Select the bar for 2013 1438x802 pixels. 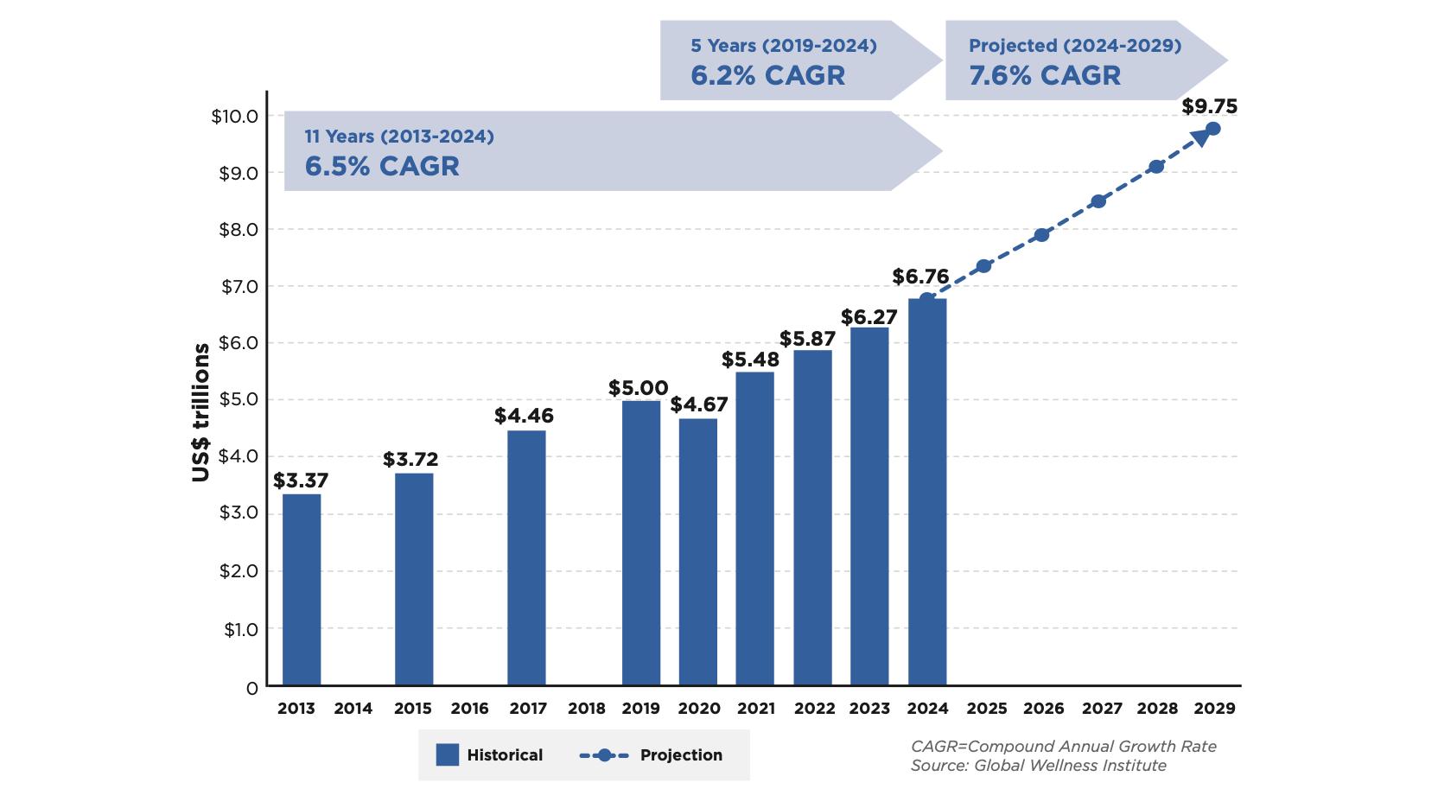click(x=302, y=589)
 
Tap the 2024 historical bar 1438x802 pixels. click(x=927, y=492)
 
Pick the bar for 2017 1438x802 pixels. click(x=526, y=557)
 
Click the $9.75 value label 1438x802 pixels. click(x=1209, y=106)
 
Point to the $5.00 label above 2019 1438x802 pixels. click(x=638, y=388)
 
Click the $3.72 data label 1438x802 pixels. click(x=410, y=459)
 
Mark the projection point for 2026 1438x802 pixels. click(x=1041, y=235)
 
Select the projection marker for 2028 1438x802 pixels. click(x=1156, y=166)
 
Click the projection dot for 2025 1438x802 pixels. click(x=983, y=266)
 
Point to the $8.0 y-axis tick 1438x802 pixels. click(x=239, y=229)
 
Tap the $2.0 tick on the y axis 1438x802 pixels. click(x=239, y=571)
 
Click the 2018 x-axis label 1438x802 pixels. click(x=586, y=709)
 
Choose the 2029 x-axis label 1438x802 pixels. click(x=1214, y=709)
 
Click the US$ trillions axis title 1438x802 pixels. click(x=201, y=412)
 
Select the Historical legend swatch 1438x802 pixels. click(x=447, y=754)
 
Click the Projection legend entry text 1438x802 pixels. click(x=681, y=754)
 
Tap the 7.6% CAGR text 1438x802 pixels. click(x=1044, y=75)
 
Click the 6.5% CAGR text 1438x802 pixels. click(x=381, y=166)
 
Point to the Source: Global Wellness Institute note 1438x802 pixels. click(x=1038, y=766)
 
